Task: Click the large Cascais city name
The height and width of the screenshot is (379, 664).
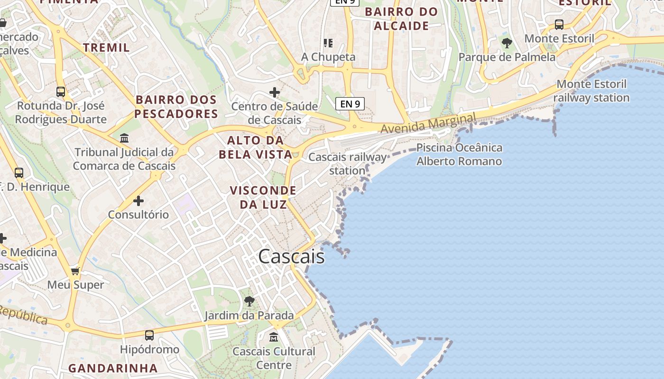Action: (291, 256)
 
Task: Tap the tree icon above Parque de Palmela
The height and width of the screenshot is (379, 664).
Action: (507, 43)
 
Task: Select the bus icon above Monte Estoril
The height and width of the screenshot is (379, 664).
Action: (559, 24)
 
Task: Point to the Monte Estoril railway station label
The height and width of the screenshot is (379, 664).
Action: (591, 91)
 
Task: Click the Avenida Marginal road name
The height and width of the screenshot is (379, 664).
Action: (428, 124)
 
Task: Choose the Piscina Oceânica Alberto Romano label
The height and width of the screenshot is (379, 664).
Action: (459, 154)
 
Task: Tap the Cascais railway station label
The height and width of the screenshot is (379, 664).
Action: (348, 163)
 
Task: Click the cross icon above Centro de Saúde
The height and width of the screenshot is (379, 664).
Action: (274, 92)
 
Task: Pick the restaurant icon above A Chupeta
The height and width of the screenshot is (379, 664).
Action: (328, 43)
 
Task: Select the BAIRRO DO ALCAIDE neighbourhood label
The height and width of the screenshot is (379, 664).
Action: (401, 19)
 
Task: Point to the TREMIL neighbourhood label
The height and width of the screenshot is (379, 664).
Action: (106, 47)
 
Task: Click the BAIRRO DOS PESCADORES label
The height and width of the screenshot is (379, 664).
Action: (176, 107)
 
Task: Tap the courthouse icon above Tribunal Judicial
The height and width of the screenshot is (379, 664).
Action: (124, 138)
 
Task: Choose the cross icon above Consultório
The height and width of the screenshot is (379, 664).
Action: (138, 201)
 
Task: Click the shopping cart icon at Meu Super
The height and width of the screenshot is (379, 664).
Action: (75, 271)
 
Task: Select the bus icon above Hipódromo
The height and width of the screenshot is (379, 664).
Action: (149, 335)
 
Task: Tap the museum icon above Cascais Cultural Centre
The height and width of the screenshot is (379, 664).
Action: (274, 337)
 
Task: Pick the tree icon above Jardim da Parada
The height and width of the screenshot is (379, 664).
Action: (249, 301)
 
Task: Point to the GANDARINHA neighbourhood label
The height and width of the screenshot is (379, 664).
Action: (113, 368)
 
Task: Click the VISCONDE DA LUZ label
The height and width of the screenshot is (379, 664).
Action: (263, 197)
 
